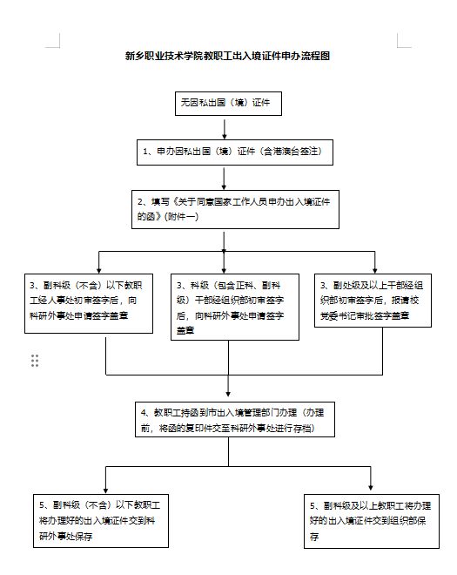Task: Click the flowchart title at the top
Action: pos(227,56)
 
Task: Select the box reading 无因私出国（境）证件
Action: pos(228,104)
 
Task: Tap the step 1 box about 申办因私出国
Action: pos(235,152)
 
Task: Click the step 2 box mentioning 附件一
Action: pos(235,209)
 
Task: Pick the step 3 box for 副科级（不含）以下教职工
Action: pos(89,304)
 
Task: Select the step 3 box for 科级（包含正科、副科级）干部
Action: pos(235,307)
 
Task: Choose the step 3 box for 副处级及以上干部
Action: pos(373,301)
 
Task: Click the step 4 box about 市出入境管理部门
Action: pos(235,420)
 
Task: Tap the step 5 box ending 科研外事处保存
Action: pos(101,521)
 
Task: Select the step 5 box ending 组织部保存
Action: pos(372,521)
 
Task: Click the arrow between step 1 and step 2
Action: pos(224,178)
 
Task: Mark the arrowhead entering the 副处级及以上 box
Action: pos(374,271)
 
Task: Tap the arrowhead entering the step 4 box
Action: pos(228,394)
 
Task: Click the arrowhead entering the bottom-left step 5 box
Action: pos(105,490)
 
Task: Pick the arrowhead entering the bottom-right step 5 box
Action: pos(371,488)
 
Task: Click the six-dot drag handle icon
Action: pos(35,361)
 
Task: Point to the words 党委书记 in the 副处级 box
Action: pos(338,315)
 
